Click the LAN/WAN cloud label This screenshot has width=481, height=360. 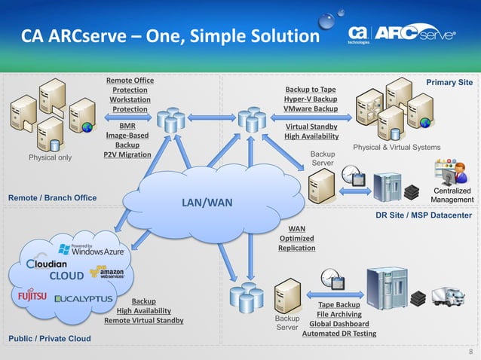[x=206, y=203]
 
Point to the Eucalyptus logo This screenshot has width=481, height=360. [x=84, y=298]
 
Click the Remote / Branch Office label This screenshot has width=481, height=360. [x=52, y=198]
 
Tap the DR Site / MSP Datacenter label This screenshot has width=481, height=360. [x=423, y=215]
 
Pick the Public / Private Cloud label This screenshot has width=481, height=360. [x=50, y=339]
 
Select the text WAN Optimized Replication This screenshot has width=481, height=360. [x=296, y=236]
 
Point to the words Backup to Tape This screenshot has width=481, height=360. [x=310, y=90]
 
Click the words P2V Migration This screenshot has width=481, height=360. [x=127, y=154]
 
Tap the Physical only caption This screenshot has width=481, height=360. [x=50, y=157]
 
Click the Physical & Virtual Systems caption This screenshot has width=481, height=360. [x=397, y=147]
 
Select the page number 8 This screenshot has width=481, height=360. [x=471, y=352]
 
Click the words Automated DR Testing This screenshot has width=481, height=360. [x=339, y=334]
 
